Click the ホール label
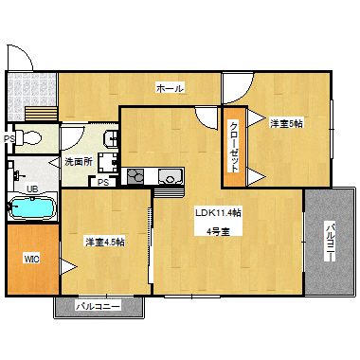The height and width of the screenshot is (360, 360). pyautogui.click(x=170, y=88)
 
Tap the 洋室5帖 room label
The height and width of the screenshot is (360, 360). pyautogui.click(x=286, y=123)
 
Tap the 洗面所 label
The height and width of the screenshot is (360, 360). pyautogui.click(x=77, y=162)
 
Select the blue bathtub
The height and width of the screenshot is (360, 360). pyautogui.click(x=34, y=207)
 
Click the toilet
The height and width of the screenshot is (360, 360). pyautogui.click(x=32, y=138)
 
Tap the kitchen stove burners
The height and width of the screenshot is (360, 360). pyautogui.click(x=135, y=175)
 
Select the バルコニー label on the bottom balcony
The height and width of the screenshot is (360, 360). pyautogui.click(x=98, y=307)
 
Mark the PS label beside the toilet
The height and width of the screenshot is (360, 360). pyautogui.click(x=8, y=139)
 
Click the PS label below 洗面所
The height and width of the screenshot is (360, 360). pyautogui.click(x=103, y=183)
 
